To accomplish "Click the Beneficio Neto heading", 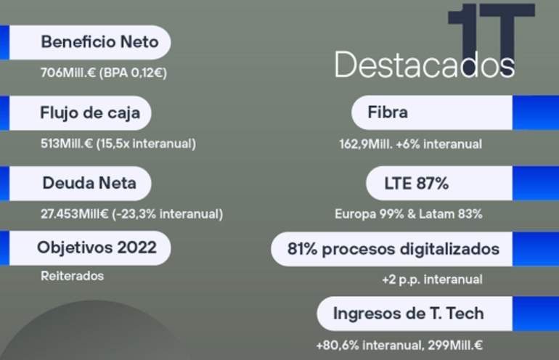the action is (100, 42).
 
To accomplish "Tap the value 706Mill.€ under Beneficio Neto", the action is (68, 73).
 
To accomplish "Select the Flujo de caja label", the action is (90, 113).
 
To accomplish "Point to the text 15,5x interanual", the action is (146, 144).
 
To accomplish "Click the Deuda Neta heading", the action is (89, 183).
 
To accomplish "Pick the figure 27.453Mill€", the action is (74, 214).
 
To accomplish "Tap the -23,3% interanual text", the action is (168, 214).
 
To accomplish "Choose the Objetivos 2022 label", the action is (97, 247).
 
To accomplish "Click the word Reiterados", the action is (72, 276).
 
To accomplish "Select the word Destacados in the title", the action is (424, 64).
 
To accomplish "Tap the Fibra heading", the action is (388, 112).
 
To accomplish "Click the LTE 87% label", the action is (416, 184).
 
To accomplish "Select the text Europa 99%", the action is (369, 214).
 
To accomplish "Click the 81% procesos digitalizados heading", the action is (393, 249).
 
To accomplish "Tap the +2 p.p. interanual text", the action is (432, 279).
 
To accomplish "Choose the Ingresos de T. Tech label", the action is (408, 314).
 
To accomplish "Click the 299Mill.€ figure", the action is (455, 345).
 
